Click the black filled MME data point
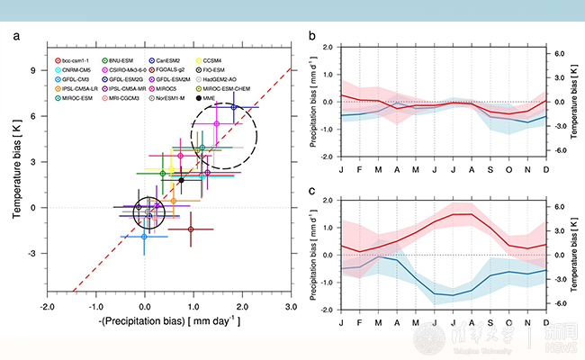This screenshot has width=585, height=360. coord(181,180)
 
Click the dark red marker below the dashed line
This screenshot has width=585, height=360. coord(191,229)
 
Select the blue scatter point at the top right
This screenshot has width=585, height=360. coord(234,106)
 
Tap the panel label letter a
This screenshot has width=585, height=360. coord(16,35)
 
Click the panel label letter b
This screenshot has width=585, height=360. coord(310,35)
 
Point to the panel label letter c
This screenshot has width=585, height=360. coord(310,190)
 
